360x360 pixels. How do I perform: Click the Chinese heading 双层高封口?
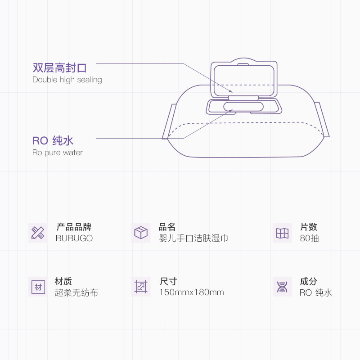point(59,68)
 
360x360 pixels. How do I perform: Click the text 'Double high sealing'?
point(67,80)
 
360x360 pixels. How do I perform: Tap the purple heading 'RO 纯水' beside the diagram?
point(53,141)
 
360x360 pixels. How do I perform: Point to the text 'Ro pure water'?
point(58,153)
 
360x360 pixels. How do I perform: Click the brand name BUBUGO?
point(74,238)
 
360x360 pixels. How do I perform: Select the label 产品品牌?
point(74,227)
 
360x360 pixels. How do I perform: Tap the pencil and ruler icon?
point(38,233)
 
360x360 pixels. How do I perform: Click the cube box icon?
point(141,233)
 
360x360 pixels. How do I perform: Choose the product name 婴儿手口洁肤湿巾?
point(193,238)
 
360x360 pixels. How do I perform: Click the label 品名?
point(167,227)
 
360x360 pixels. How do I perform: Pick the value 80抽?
point(309,238)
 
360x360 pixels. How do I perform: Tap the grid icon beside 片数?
point(282,233)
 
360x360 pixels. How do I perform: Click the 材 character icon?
point(38,287)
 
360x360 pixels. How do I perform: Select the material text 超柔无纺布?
point(76,293)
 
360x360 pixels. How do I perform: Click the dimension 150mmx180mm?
point(191,292)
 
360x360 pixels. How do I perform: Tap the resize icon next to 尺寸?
point(141,287)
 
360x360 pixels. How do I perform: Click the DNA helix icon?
point(282,287)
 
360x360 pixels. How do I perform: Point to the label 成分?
point(308,282)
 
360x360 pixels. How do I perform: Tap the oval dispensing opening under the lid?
point(243,107)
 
